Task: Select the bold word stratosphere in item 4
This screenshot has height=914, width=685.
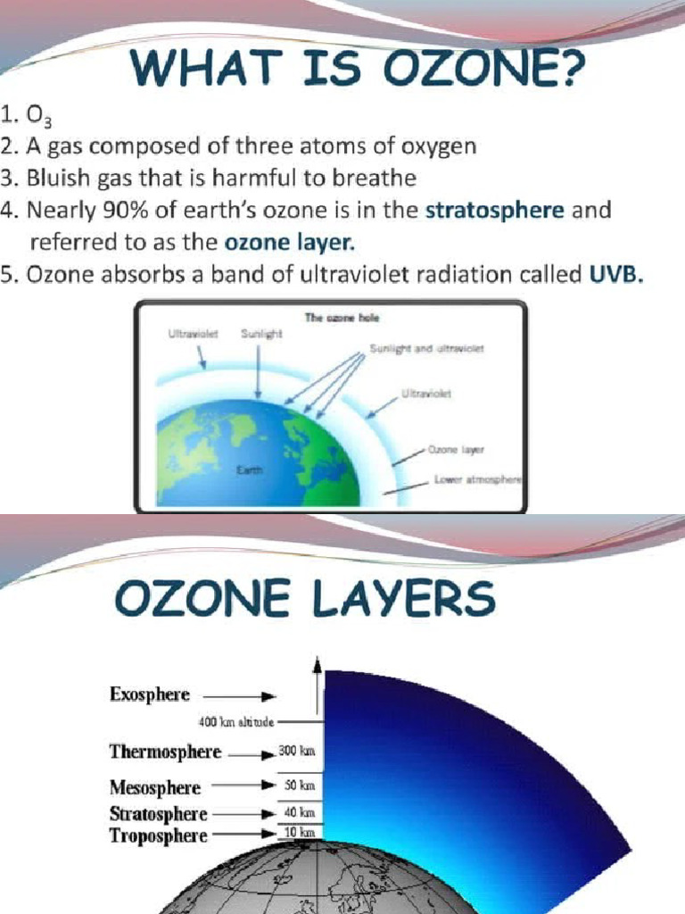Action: [494, 211]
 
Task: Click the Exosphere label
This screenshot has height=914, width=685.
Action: [149, 694]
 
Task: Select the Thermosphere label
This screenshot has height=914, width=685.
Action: [165, 752]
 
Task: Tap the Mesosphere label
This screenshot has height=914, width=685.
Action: [154, 788]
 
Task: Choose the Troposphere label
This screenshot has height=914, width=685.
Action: [158, 836]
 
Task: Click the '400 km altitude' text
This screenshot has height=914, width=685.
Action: [235, 720]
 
